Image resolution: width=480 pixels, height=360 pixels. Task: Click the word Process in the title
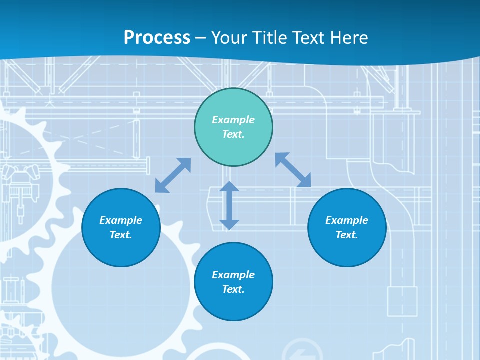coord(157,38)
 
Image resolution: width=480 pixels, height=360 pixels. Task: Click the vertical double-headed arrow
coord(229,205)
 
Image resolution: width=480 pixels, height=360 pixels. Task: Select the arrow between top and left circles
coord(173,175)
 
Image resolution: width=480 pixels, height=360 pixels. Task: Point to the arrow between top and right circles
coord(293,170)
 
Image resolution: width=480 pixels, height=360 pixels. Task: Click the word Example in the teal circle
coord(233,120)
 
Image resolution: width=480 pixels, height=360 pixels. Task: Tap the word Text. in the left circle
coord(121,235)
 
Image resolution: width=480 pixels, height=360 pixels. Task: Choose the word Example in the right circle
coord(347,220)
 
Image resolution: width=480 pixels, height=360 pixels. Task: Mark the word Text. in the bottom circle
coord(233,289)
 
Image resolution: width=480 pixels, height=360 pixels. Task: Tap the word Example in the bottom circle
coord(233,275)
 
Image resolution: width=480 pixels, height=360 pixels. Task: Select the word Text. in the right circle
coord(347,235)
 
